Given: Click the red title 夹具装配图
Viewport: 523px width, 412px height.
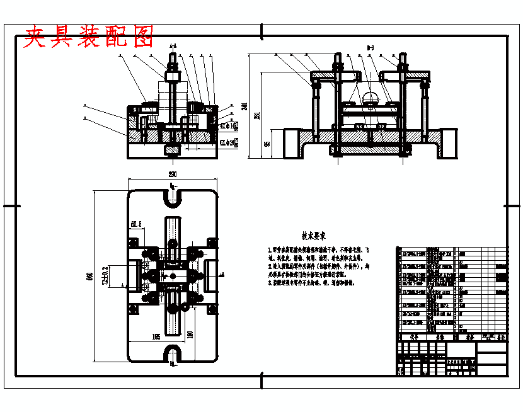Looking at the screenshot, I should [x=89, y=37].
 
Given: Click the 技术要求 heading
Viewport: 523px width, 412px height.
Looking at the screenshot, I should [x=313, y=237].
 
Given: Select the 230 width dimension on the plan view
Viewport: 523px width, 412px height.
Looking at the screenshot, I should [x=172, y=175].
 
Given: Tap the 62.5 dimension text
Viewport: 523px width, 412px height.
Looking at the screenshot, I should [x=137, y=224].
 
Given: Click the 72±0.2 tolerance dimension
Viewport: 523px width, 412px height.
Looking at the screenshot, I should [x=105, y=275].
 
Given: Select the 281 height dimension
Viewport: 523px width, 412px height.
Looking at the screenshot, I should [x=257, y=115].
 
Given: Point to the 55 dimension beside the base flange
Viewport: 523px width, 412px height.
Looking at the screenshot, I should [x=267, y=144].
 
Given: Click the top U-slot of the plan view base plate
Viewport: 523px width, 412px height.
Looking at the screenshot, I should [x=173, y=196].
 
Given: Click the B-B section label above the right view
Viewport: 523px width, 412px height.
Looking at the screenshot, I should [x=371, y=47].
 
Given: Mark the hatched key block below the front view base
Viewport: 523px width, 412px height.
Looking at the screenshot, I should [x=172, y=150].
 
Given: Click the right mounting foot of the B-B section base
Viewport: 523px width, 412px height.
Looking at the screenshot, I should [x=449, y=143].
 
